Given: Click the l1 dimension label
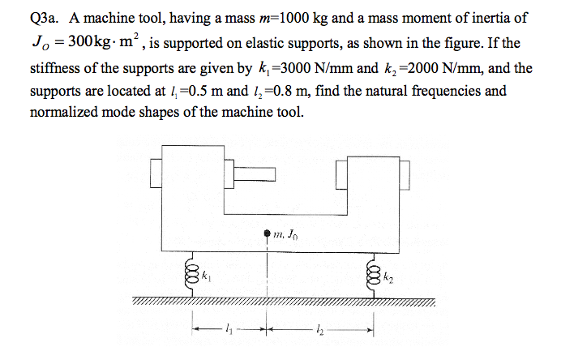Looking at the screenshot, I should pyautogui.click(x=229, y=329).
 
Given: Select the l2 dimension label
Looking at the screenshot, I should pyautogui.click(x=320, y=329).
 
